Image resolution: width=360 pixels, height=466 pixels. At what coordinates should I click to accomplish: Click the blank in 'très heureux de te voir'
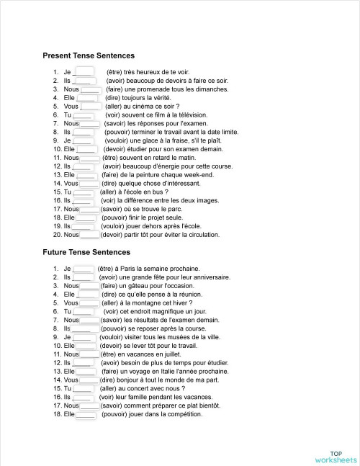click(84, 71)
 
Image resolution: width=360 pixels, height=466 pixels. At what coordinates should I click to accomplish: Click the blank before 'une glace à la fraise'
click(84, 140)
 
